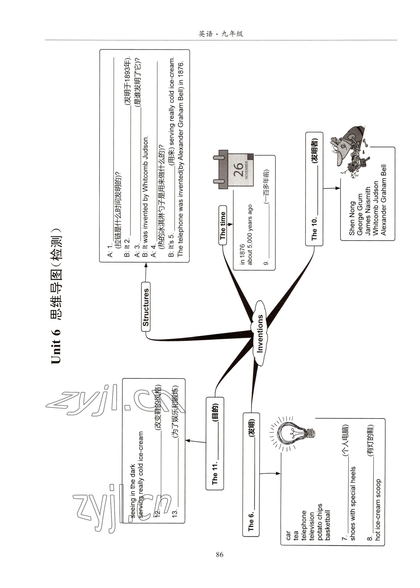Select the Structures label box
pyautogui.click(x=146, y=307)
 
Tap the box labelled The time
pyautogui.click(x=223, y=225)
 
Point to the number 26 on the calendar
pyautogui.click(x=238, y=169)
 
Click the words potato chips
pyautogui.click(x=320, y=522)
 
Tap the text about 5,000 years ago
pyautogui.click(x=250, y=235)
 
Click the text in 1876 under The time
pyautogui.click(x=242, y=254)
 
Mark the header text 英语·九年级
pyautogui.click(x=221, y=34)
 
